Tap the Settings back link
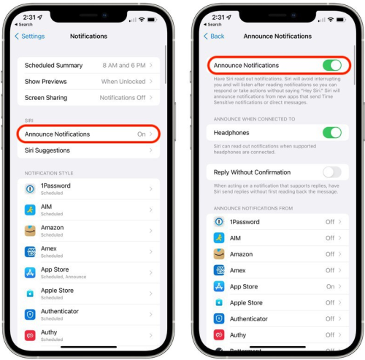(30, 36)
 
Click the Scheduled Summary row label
(55, 66)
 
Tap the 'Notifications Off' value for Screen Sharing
(123, 97)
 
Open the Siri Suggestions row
(47, 150)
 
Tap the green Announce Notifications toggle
(332, 65)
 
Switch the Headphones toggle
(332, 132)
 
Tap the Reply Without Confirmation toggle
(332, 172)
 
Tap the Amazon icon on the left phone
(30, 230)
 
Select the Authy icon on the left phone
(30, 335)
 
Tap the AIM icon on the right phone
(219, 238)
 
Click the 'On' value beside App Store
(330, 286)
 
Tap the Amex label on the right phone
(238, 270)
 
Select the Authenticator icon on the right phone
(219, 318)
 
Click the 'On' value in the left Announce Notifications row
(142, 134)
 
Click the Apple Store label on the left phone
(57, 290)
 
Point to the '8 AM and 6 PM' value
(125, 66)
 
